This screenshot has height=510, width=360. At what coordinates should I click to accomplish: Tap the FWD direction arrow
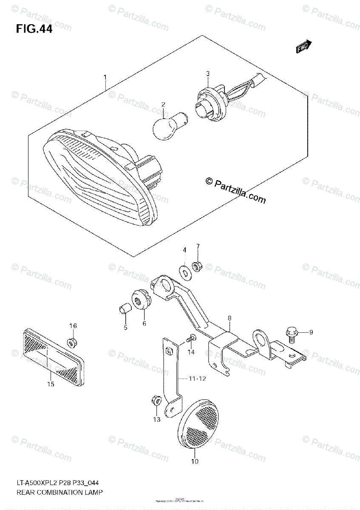[304, 47]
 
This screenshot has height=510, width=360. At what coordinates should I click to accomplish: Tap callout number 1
[105, 77]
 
